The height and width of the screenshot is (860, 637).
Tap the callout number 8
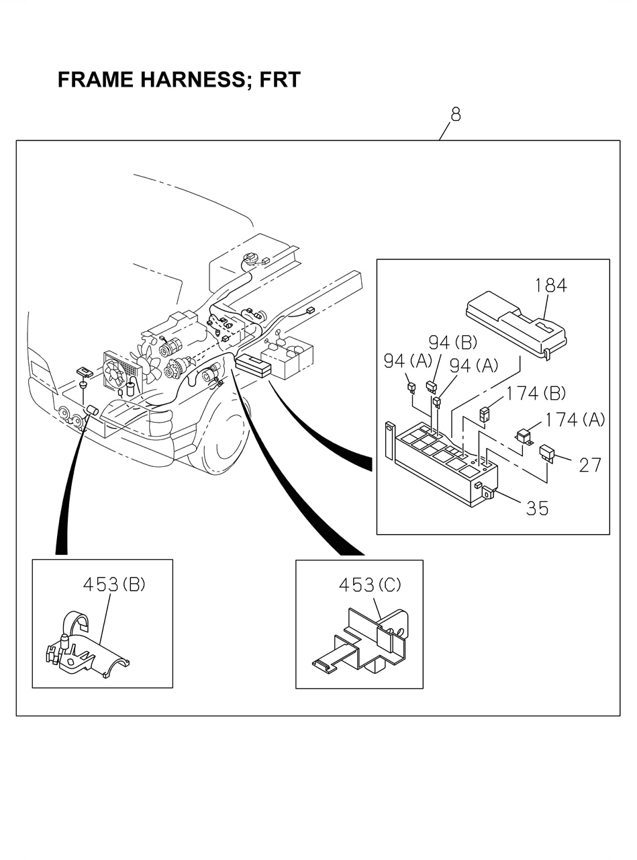click(x=456, y=114)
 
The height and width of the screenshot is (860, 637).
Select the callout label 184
click(x=551, y=285)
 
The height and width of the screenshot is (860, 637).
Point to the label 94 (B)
click(x=452, y=343)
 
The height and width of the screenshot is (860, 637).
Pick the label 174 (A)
click(x=575, y=420)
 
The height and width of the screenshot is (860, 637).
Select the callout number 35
click(x=537, y=508)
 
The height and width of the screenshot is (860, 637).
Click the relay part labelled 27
click(x=547, y=452)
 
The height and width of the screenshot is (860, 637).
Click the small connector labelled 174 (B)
click(x=483, y=413)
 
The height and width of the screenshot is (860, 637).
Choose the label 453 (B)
click(x=113, y=584)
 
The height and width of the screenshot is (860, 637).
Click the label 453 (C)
click(x=369, y=585)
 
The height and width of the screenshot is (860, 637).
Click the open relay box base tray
click(x=443, y=464)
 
